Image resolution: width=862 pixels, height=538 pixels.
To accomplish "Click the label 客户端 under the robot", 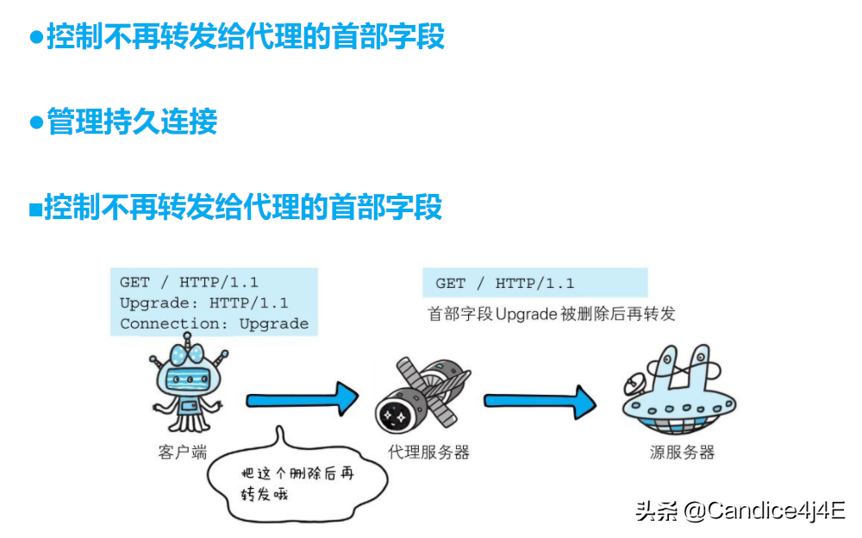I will tap(182, 451).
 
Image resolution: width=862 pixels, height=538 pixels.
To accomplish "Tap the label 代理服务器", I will tap(428, 451).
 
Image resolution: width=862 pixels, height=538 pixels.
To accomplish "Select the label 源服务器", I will tap(682, 451).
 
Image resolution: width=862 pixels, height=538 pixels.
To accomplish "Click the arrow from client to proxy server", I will tap(302, 400).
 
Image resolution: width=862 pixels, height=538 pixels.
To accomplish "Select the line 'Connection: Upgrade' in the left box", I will tap(214, 324).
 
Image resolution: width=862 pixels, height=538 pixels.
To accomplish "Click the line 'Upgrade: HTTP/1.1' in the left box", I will tap(203, 303).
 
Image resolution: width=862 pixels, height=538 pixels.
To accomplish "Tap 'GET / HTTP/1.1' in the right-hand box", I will tap(504, 284).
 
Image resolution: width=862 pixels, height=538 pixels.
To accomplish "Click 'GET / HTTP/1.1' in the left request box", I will tap(189, 282).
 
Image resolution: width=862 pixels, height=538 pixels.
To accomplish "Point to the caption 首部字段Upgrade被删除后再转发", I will tap(552, 314).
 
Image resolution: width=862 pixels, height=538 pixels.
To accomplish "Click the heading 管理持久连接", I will tap(132, 122).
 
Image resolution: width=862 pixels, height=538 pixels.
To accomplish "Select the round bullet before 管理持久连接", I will tap(36, 122).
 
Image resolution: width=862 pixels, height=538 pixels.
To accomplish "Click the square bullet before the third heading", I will tap(35, 209).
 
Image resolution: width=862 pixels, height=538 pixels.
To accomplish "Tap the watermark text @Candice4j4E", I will tap(764, 510).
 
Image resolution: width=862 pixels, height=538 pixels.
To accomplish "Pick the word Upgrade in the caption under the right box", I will tap(528, 314).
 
